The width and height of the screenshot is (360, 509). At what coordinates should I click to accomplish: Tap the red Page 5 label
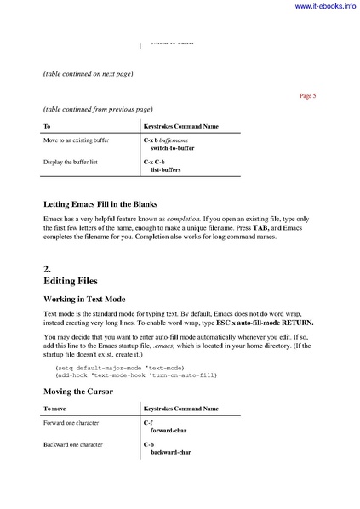point(308,96)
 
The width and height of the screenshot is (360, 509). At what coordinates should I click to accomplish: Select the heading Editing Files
point(71,280)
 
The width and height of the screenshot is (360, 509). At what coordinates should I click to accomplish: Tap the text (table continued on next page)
point(88,74)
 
